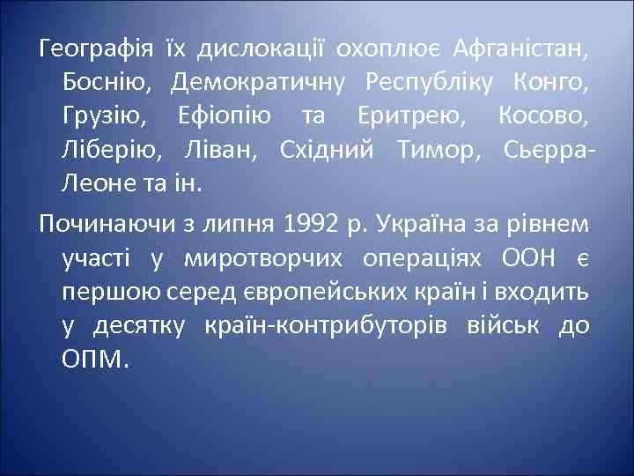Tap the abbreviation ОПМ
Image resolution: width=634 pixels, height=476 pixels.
tap(94, 360)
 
